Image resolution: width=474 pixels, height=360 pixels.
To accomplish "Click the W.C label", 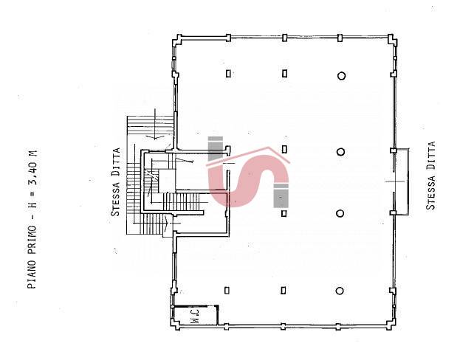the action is click(196, 316).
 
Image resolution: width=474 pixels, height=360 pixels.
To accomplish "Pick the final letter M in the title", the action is click(32, 153).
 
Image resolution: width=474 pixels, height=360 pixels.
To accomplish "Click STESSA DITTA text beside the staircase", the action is click(116, 181).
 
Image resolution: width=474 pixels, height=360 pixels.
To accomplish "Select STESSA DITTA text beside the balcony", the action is click(430, 175).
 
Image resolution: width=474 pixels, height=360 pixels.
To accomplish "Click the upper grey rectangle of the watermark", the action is click(216, 148).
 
